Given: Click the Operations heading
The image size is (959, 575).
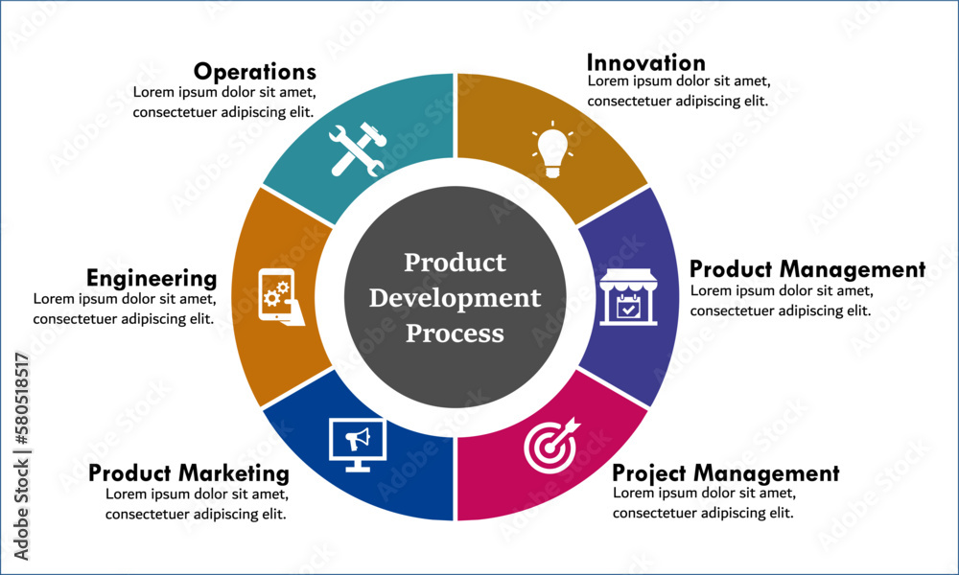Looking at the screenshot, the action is click(255, 72).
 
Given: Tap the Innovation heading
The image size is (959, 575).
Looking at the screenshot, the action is click(645, 62).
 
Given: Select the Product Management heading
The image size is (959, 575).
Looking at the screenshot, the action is click(807, 269).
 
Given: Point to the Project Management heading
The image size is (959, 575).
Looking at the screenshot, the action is click(726, 473).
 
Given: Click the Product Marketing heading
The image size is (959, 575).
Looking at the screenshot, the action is click(189, 473).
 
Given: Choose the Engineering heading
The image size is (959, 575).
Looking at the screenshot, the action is click(152, 279).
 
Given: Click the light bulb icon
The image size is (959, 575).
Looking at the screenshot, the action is click(553, 149).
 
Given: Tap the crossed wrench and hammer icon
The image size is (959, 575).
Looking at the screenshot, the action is click(358, 149).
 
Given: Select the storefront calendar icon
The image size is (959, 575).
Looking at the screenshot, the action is click(628, 297).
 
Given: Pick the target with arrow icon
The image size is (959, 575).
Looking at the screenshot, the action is click(551, 446).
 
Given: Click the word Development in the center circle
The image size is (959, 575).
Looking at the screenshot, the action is click(455, 298).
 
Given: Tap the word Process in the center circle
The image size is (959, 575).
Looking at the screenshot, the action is click(455, 333).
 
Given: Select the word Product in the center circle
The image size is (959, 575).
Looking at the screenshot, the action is click(455, 263).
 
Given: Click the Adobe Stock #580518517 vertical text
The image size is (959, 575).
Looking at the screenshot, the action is click(21, 456).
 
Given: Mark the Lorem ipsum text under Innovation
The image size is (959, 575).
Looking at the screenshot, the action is click(679, 91).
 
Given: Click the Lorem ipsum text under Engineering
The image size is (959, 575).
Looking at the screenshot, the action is click(125, 309).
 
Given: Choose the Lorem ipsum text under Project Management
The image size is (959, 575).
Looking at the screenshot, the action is click(704, 502).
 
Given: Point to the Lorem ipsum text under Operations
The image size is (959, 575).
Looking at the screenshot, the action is click(224, 102).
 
